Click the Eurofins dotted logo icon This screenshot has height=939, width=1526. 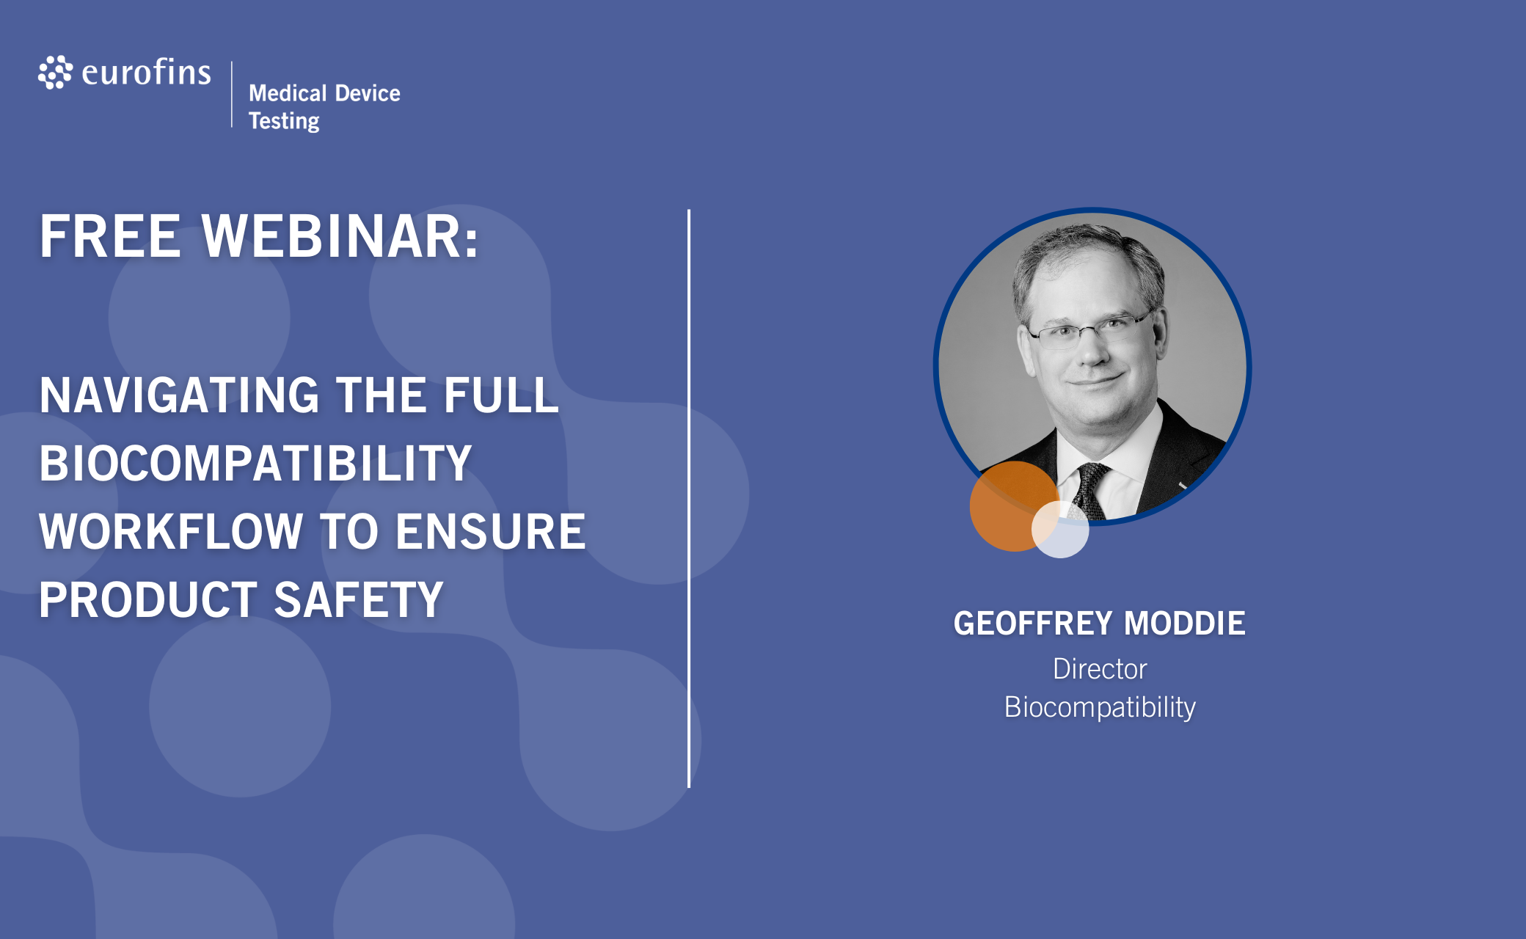(56, 73)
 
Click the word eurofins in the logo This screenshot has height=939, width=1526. (147, 72)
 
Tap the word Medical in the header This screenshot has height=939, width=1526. (288, 93)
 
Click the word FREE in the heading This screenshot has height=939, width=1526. (110, 236)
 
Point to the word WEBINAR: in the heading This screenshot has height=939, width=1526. (340, 236)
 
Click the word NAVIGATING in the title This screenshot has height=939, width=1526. (180, 395)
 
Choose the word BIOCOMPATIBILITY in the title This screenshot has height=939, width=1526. (255, 463)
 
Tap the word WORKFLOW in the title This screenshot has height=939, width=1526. (171, 531)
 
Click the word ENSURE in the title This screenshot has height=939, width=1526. (491, 531)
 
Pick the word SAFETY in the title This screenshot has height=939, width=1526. (359, 599)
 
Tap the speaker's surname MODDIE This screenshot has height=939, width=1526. (1185, 624)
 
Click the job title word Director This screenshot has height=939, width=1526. (1100, 669)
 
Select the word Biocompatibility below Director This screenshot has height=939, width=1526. (1100, 707)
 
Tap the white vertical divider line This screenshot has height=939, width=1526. (689, 499)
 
